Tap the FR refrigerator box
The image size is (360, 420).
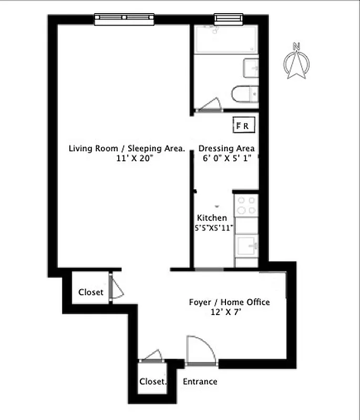[245, 125]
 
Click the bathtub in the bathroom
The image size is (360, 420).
[225, 39]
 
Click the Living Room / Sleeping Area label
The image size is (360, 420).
[127, 149]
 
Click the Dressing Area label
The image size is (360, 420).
[227, 149]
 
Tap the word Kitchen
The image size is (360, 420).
[212, 218]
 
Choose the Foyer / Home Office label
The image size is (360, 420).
[229, 302]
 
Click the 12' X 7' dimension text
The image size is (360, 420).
[227, 312]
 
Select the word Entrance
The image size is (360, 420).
[200, 382]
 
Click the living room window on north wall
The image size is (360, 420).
[126, 19]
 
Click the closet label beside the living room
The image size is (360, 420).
[91, 292]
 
